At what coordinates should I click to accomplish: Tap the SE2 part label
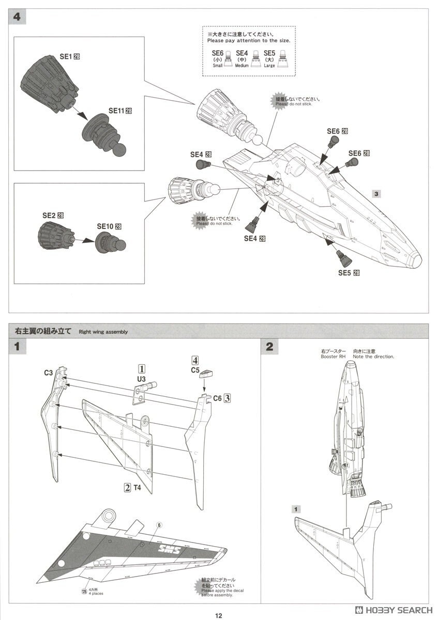tap(50, 215)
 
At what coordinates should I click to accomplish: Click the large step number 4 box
tap(17, 17)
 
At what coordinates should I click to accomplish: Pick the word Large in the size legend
tap(269, 66)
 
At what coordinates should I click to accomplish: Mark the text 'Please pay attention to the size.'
tap(249, 40)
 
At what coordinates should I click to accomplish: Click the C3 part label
tap(49, 372)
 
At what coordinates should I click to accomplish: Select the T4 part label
tap(137, 487)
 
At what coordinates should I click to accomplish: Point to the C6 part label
tap(217, 397)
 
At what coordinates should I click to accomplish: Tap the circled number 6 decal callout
tap(159, 524)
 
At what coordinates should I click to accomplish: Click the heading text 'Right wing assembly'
tap(103, 332)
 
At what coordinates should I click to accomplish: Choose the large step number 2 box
tap(269, 347)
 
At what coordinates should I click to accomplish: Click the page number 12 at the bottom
tap(219, 615)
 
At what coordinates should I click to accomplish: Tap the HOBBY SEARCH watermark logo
tap(393, 610)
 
